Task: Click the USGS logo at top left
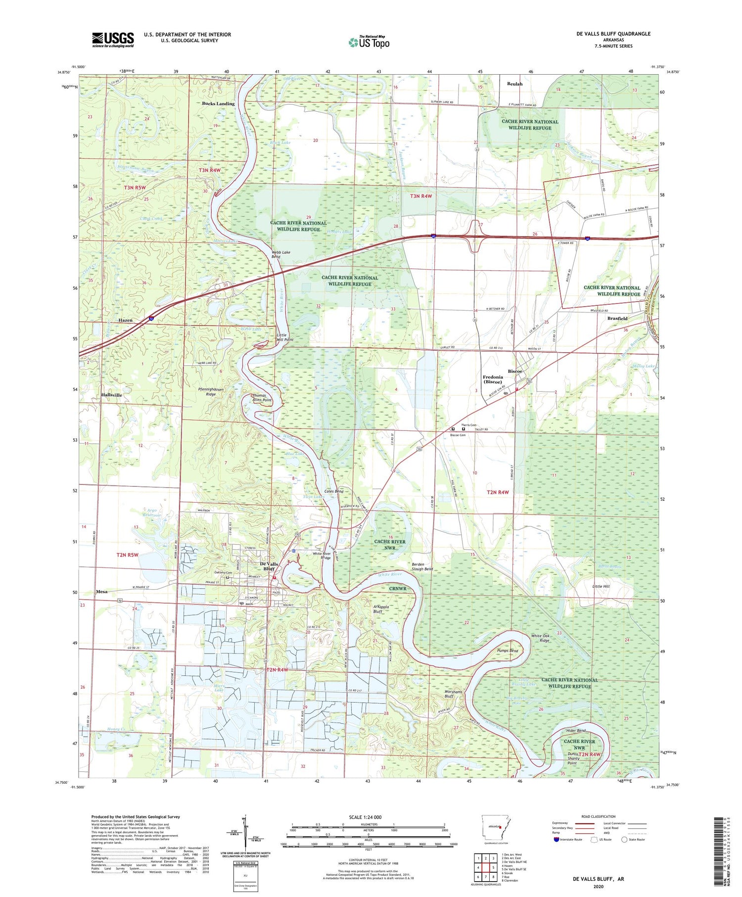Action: point(113,40)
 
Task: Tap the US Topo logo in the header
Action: point(369,43)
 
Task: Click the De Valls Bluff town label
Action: point(269,566)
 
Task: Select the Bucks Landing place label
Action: point(218,103)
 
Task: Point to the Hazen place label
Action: point(125,320)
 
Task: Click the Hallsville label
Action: point(109,395)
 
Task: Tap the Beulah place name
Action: point(514,84)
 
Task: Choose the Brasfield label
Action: point(617,319)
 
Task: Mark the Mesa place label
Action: point(101,591)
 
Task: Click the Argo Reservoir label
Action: point(151,512)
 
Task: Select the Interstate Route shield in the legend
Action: point(556,840)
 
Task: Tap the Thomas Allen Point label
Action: point(262,398)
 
